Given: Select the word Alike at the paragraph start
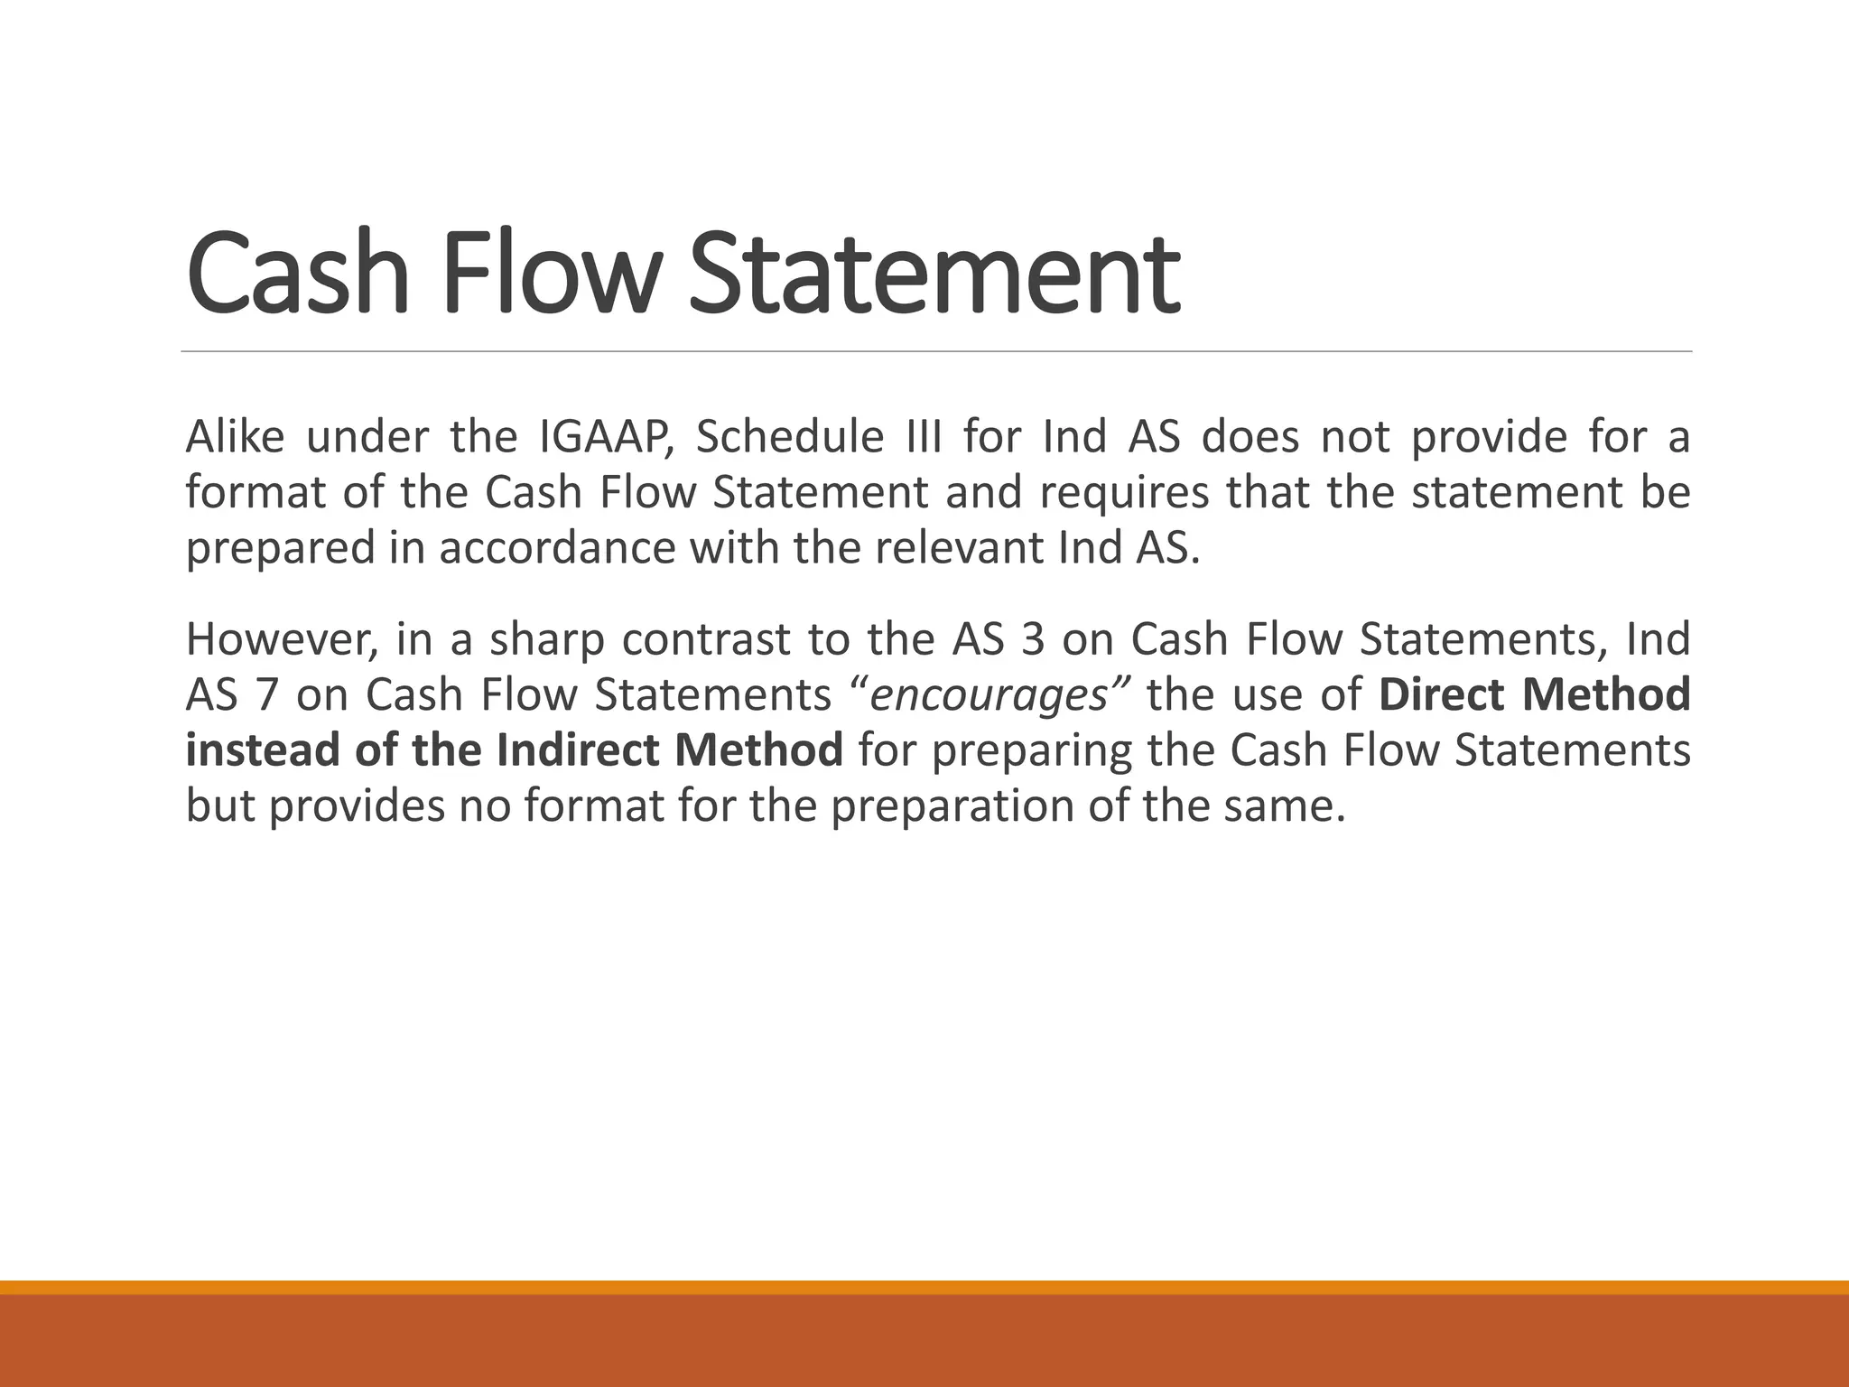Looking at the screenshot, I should (235, 437).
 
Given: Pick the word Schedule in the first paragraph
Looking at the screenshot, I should (789, 437).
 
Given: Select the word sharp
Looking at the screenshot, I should (546, 639).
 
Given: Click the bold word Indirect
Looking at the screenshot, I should (578, 750).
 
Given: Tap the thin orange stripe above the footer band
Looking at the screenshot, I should (924, 1287).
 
